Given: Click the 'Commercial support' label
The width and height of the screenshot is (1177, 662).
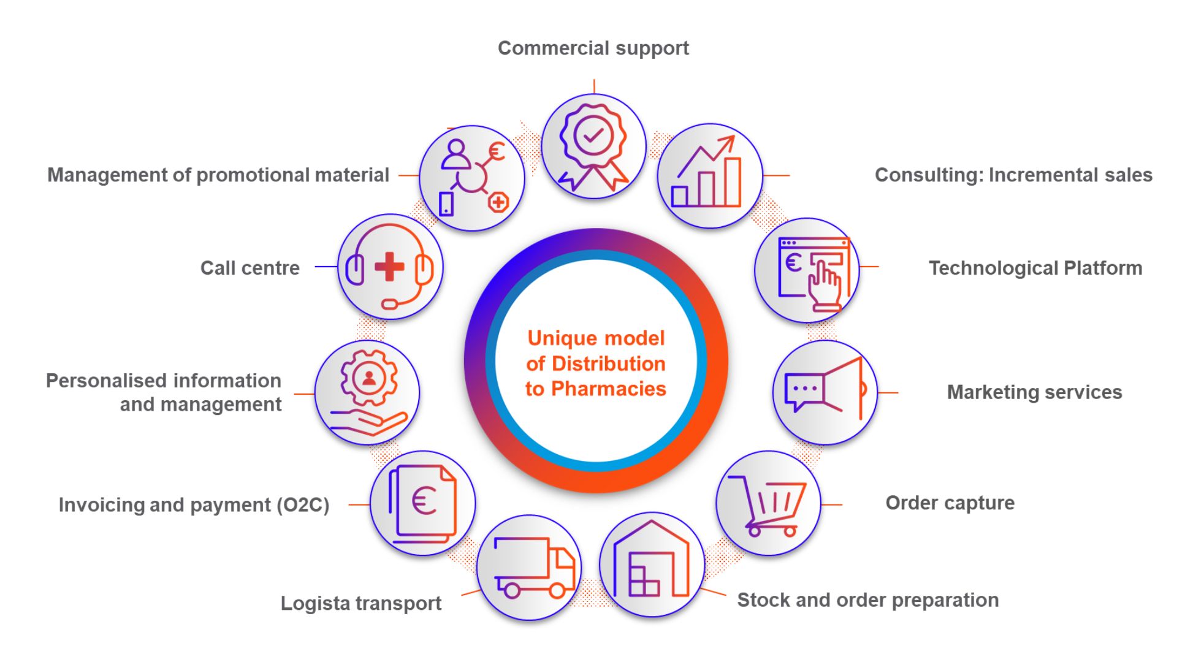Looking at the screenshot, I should click(593, 48).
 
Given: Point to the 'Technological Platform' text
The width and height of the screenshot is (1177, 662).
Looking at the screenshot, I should click(1035, 268).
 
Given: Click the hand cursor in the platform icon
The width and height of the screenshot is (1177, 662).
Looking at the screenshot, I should click(823, 284).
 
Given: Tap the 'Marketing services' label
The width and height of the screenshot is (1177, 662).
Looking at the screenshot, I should click(1034, 392).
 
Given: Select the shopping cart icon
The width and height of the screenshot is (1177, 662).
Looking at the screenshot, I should click(769, 504).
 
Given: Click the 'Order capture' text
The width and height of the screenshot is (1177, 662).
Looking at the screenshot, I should click(950, 503).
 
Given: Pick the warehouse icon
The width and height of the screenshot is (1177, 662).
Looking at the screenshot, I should click(652, 563).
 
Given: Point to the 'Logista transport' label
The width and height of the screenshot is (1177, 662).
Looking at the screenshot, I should click(360, 603).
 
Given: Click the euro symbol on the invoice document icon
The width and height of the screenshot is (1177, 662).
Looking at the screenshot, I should click(424, 501).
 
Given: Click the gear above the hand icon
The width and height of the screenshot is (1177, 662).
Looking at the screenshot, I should click(368, 378).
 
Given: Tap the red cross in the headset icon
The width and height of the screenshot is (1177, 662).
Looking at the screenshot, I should click(389, 267).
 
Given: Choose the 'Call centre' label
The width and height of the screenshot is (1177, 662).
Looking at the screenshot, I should click(249, 268).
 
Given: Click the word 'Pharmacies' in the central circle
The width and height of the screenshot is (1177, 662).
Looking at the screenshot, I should click(608, 389).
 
